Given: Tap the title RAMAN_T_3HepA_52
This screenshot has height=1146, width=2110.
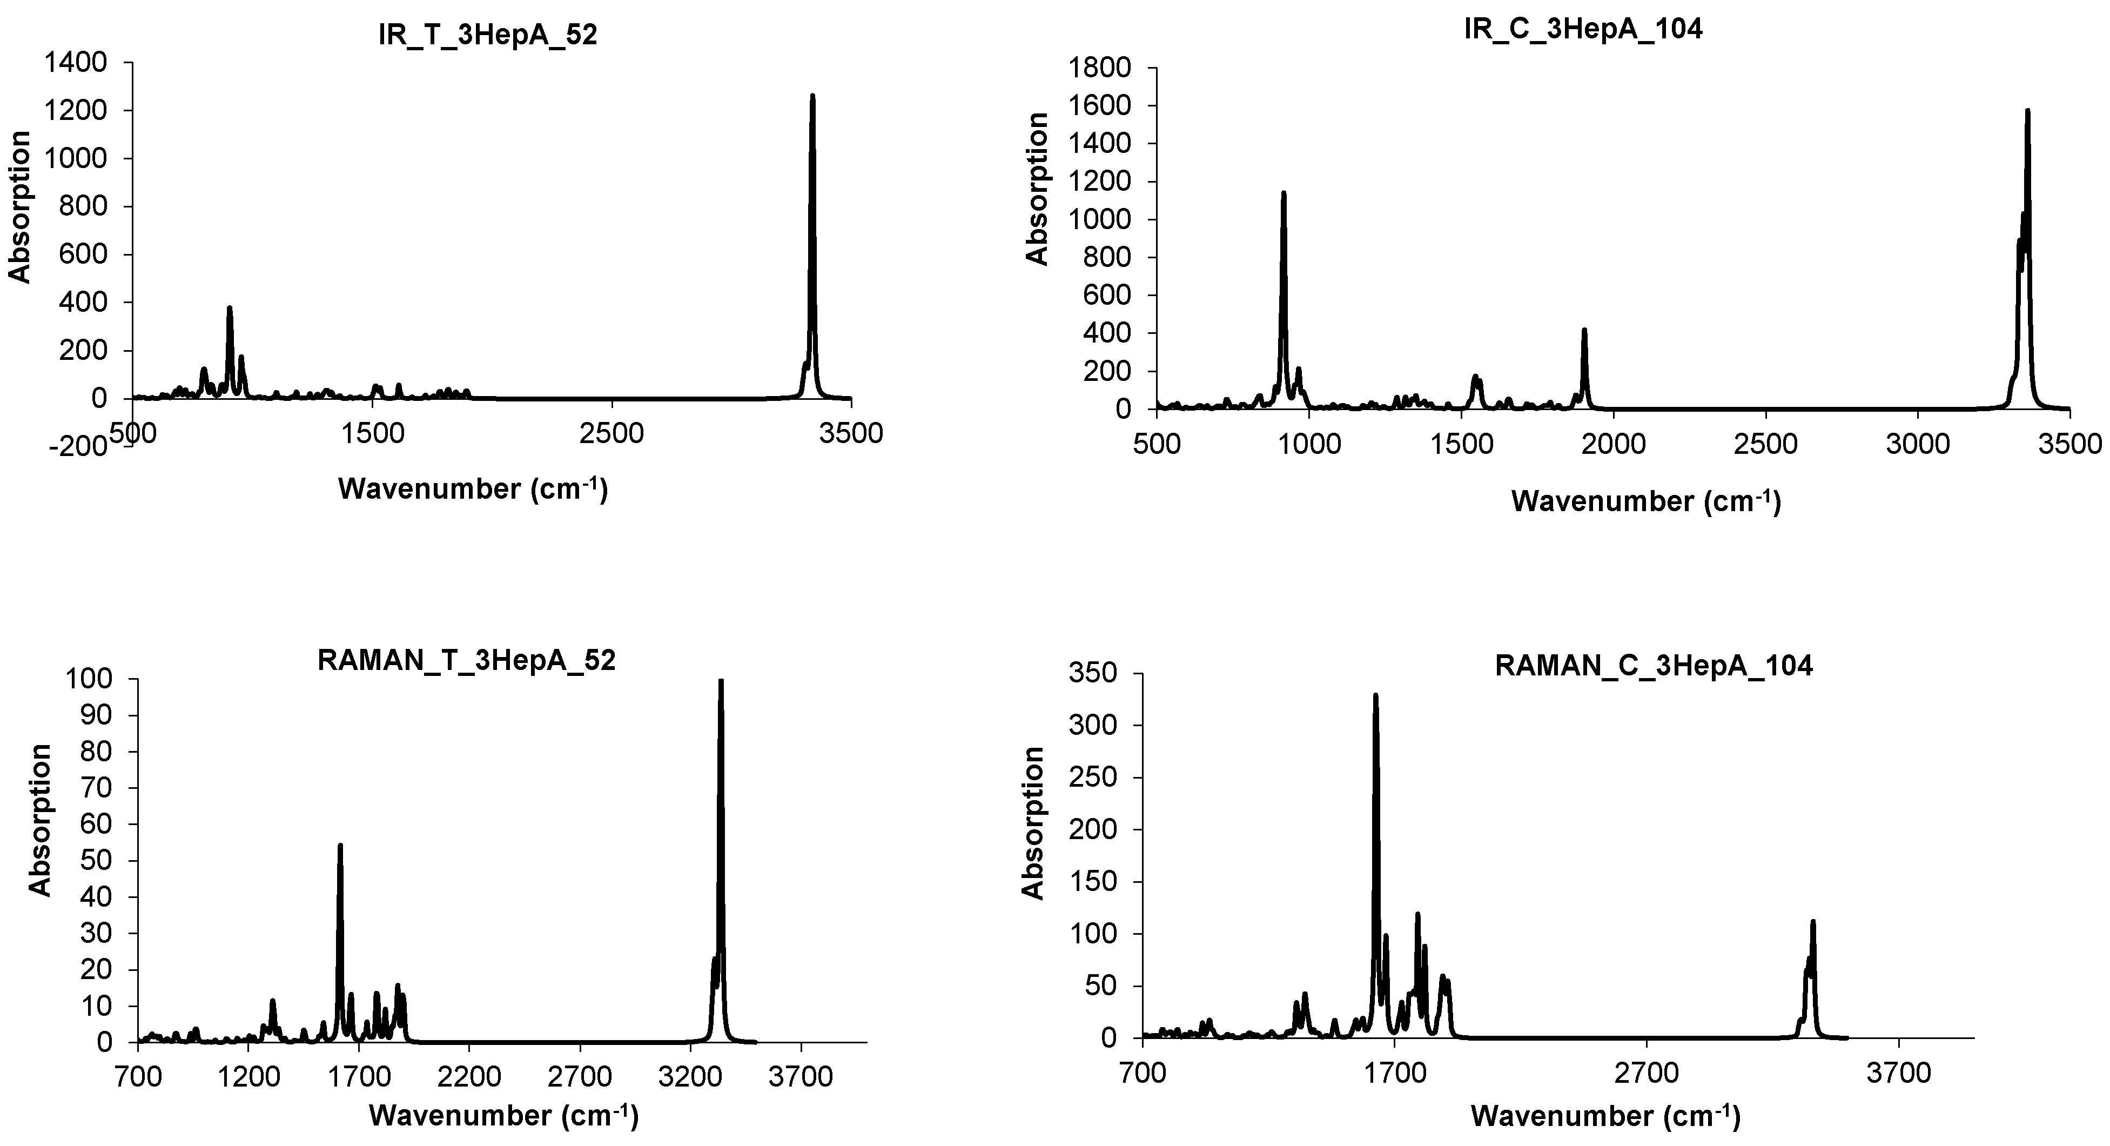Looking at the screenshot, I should pos(466,660).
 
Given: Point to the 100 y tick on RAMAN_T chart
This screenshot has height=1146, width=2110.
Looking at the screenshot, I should pos(92,679).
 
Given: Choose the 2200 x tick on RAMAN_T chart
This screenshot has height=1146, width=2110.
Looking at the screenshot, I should pos(468,1076).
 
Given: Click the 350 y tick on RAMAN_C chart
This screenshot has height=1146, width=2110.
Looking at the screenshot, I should pos(1094,673).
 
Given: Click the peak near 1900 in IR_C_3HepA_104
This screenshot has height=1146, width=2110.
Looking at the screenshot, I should pos(1584,331).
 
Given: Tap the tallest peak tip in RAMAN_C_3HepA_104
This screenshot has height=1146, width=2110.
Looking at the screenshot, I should pos(1376,695).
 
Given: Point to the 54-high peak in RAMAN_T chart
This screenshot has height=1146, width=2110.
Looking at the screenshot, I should pos(340,846).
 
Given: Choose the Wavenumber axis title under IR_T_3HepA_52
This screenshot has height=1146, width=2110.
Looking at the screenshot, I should pos(473,489).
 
